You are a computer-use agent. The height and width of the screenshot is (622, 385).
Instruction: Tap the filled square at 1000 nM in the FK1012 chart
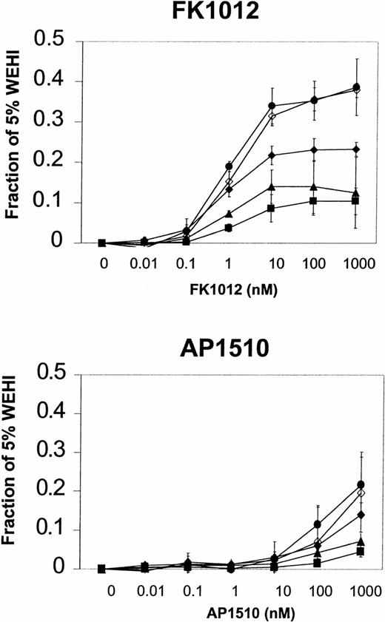point(357,201)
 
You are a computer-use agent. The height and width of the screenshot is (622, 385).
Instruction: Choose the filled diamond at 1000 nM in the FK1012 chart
point(357,149)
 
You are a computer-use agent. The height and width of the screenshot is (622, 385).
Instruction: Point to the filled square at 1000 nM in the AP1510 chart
point(361,552)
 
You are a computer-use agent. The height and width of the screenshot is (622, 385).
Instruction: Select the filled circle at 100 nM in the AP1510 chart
point(318,524)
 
